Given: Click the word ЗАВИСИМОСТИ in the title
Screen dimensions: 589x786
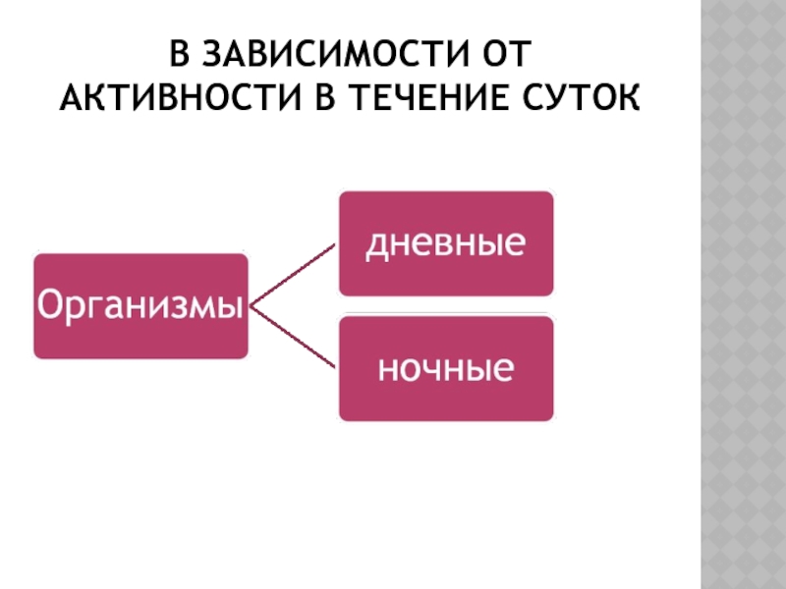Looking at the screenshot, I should click(x=320, y=51).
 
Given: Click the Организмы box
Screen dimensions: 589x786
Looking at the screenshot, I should click(x=140, y=305).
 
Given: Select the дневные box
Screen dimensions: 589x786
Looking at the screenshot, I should click(x=445, y=242).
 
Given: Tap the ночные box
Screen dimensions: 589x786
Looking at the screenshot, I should click(x=445, y=369).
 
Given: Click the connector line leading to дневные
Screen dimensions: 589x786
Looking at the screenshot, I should click(x=295, y=275).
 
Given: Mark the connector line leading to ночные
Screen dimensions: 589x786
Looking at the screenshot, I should click(x=295, y=340).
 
